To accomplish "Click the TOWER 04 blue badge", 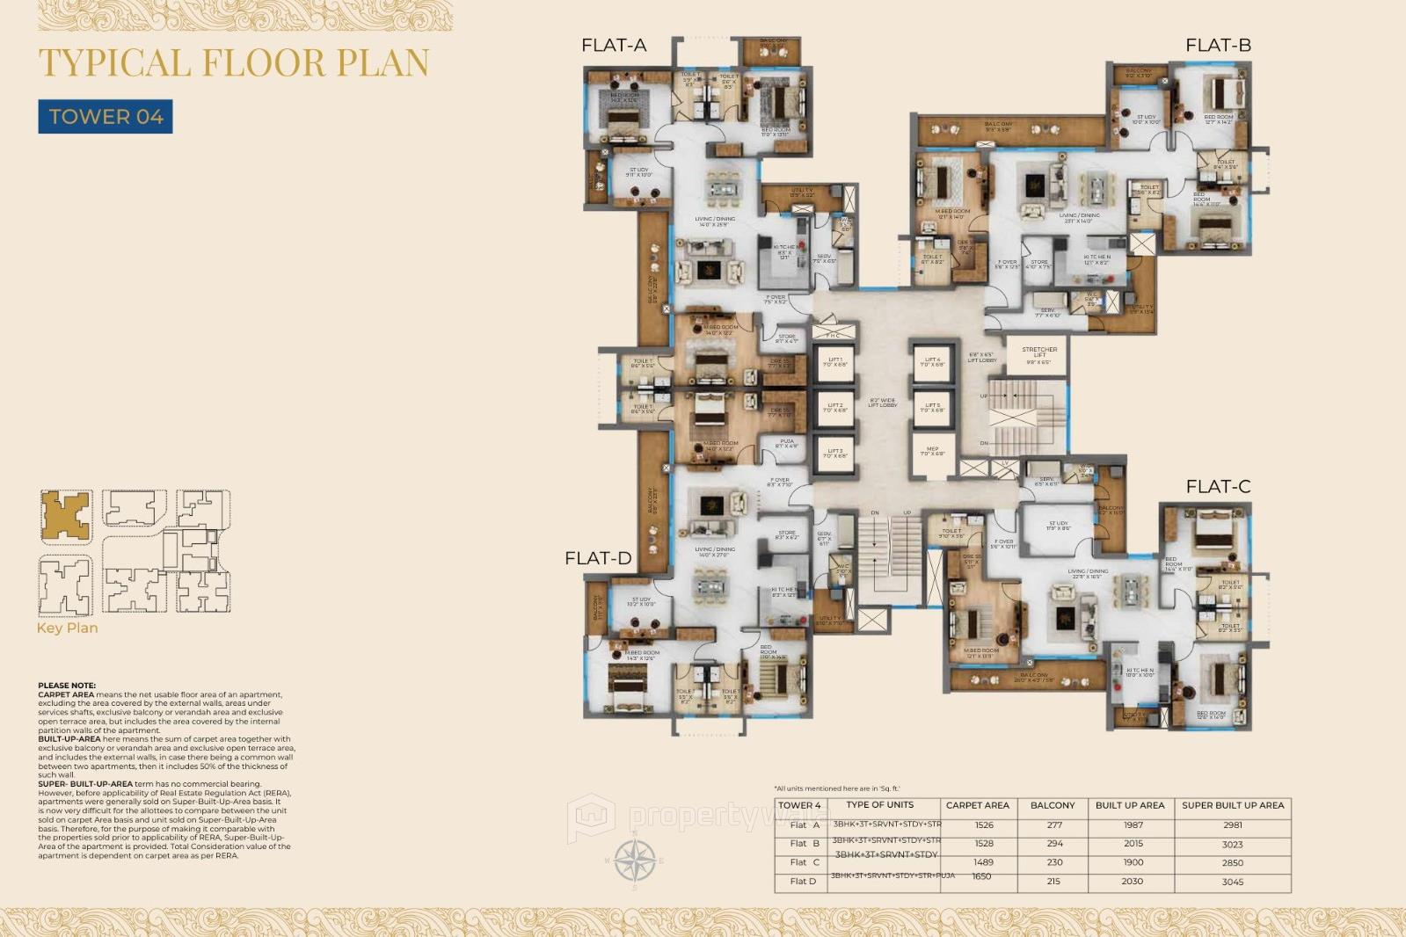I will point(106,117).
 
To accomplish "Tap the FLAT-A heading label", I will point(614,46).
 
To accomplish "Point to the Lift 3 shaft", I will point(834,453).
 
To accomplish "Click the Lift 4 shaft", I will point(932,361).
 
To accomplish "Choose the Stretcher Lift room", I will point(1038,355).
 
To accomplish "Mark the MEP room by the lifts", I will point(932,452).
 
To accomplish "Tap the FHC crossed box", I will point(834,332).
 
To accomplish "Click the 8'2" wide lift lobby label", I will point(883,403).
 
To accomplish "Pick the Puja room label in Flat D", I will point(786,444).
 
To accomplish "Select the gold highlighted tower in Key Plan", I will point(66,515).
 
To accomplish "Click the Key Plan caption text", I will point(68,628).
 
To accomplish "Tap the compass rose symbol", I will point(634,860).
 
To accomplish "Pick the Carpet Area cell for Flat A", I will point(984,825).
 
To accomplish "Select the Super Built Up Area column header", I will point(1233,805).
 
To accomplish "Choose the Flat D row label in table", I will point(803,881).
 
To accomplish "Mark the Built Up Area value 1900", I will point(1133,862).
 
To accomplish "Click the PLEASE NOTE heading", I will point(67,686).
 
